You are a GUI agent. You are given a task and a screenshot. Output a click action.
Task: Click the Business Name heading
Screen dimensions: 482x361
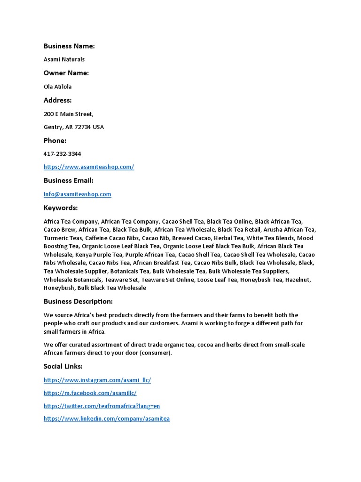69,46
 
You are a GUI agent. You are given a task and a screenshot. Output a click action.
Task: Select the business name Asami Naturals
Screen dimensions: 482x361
64,59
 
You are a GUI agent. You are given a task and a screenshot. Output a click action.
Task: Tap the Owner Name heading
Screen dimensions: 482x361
66,73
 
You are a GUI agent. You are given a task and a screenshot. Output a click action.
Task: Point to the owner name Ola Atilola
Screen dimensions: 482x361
58,87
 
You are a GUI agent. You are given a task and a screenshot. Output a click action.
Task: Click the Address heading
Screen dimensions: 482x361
58,100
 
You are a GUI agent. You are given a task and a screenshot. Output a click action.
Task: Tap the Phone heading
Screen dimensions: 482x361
55,141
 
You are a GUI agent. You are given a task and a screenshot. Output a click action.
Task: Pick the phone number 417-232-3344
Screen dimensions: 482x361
63,154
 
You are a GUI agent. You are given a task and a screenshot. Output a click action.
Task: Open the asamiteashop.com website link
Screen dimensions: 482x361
89,167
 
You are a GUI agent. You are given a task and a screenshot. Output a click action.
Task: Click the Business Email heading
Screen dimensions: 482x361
69,180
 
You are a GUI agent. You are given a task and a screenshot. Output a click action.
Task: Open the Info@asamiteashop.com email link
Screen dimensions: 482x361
78,194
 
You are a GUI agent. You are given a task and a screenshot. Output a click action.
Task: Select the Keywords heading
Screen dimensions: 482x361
61,208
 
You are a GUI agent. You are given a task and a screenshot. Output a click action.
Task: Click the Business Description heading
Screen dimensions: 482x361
78,301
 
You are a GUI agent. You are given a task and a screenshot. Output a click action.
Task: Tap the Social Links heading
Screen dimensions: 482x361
63,366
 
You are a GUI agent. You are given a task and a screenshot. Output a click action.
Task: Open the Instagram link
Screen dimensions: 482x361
97,380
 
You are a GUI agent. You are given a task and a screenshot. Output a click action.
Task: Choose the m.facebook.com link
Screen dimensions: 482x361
90,393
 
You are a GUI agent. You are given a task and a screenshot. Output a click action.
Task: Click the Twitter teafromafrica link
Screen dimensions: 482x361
102,406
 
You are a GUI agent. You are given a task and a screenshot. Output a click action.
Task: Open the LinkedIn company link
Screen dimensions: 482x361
107,418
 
